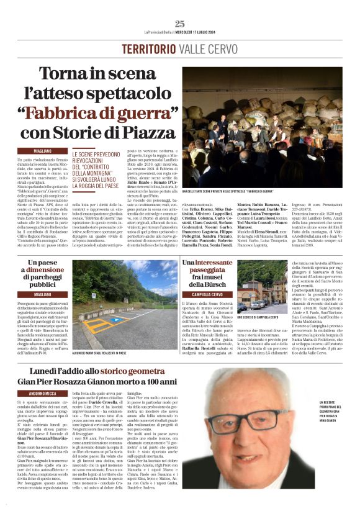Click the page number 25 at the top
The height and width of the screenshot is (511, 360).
pos(179,24)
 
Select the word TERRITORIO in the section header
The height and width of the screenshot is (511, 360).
pos(148,49)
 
